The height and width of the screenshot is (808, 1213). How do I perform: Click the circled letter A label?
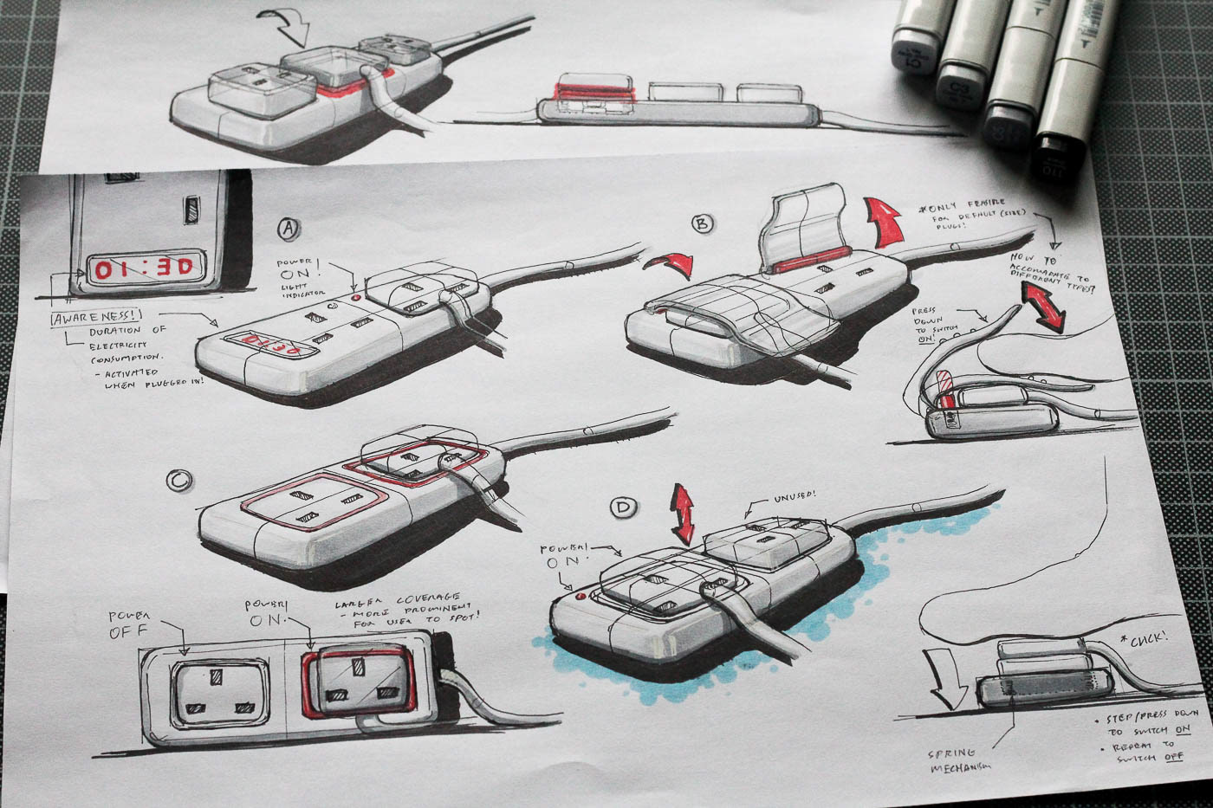click(x=289, y=229)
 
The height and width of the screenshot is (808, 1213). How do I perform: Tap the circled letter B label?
click(x=703, y=224)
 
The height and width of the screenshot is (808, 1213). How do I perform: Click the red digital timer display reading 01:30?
click(x=145, y=268)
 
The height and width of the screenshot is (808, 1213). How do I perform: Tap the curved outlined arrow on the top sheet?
click(x=289, y=25)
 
